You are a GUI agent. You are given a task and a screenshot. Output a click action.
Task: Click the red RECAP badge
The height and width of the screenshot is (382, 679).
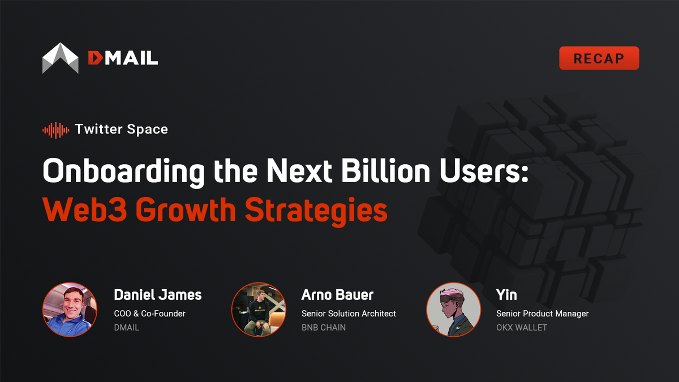tap(599, 58)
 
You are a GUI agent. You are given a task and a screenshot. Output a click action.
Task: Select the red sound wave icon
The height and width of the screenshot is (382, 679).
tap(55, 130)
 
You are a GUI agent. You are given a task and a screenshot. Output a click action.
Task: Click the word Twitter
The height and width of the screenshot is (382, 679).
tap(101, 130)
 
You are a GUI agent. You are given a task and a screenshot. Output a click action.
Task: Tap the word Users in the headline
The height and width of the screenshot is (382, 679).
tap(489, 171)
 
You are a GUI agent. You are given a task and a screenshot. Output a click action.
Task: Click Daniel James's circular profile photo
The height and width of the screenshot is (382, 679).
tap(70, 310)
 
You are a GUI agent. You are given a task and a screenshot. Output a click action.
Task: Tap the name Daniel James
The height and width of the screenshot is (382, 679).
tap(157, 295)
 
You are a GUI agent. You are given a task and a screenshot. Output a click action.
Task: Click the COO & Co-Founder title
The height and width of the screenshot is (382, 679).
tap(149, 313)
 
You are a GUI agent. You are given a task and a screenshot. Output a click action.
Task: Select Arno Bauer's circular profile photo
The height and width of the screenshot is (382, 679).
tap(259, 310)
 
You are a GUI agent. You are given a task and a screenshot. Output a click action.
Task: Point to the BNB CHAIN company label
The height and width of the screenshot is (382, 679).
tap(324, 327)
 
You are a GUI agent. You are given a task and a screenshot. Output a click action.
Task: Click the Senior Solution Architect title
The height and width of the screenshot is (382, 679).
tap(349, 313)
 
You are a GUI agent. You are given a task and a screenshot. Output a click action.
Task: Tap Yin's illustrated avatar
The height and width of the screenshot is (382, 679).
tap(453, 310)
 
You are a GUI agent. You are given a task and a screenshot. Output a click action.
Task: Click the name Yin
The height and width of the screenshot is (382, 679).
tap(506, 295)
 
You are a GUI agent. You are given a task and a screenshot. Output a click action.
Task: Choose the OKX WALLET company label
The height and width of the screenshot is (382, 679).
tap(522, 327)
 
